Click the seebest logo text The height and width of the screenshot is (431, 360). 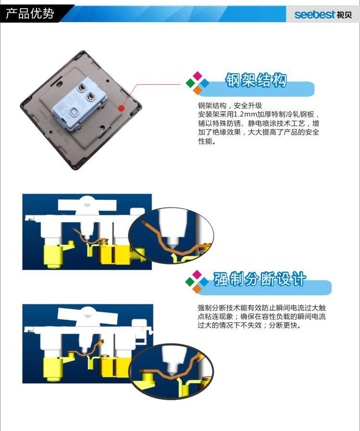(x=315, y=14)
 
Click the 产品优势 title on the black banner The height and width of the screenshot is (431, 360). (x=30, y=13)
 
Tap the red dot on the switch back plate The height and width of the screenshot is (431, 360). (x=121, y=108)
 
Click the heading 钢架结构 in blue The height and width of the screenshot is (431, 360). (x=256, y=80)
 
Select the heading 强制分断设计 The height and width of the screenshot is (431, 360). (x=259, y=279)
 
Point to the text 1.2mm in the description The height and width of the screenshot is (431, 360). (x=245, y=114)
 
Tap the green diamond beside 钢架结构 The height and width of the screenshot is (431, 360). (x=190, y=83)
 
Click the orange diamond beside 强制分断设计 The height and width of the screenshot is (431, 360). (x=197, y=288)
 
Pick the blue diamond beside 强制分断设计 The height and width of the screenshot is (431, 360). (x=204, y=282)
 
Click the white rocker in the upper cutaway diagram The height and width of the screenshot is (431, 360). (x=87, y=205)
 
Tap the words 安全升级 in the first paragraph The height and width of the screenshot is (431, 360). (x=248, y=105)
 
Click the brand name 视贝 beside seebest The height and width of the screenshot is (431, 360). (x=344, y=15)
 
